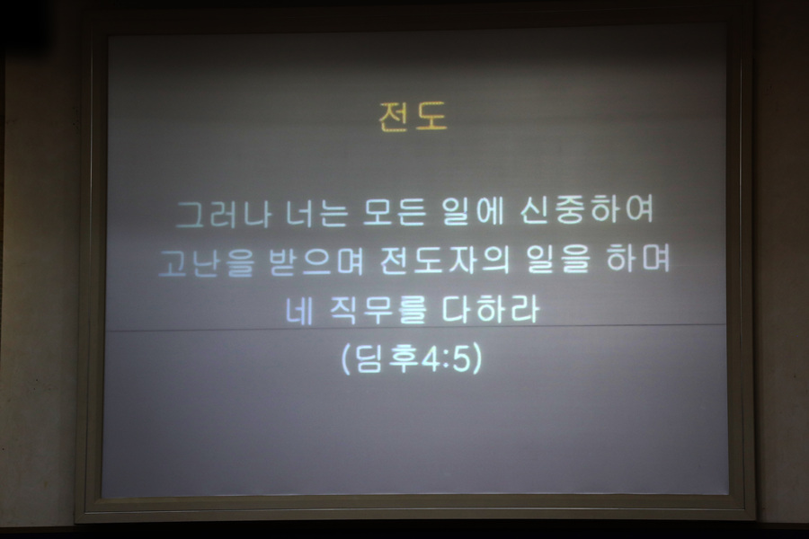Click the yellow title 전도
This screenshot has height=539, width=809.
click(413, 116)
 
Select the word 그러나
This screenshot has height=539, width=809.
click(223, 213)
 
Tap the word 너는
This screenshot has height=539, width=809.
click(316, 213)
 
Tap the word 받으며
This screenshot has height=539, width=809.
click(316, 261)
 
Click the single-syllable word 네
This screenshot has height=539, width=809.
click(299, 311)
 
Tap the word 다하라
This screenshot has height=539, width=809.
click(491, 308)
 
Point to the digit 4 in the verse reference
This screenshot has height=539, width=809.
click(431, 358)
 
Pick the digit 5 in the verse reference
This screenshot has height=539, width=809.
click(461, 358)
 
